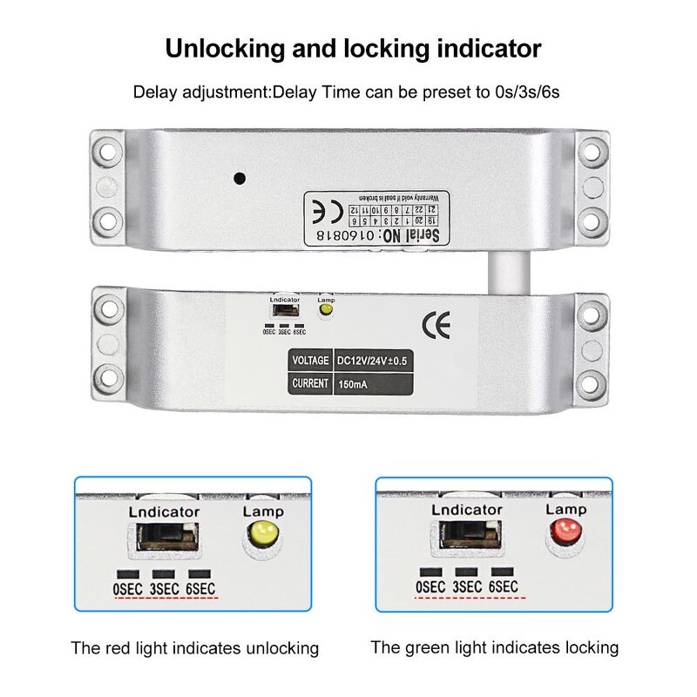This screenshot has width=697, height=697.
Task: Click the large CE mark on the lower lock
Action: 436,326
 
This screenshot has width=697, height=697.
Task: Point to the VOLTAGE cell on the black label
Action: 309,360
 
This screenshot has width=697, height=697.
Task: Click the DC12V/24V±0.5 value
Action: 370,360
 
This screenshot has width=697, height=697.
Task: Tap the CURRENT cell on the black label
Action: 309,383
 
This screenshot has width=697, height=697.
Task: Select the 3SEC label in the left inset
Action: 164,589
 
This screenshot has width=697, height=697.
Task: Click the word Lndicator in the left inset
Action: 164,511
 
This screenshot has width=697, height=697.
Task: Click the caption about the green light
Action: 494,647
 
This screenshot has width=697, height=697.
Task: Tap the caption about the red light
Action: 195,648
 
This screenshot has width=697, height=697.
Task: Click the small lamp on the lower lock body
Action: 327,312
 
